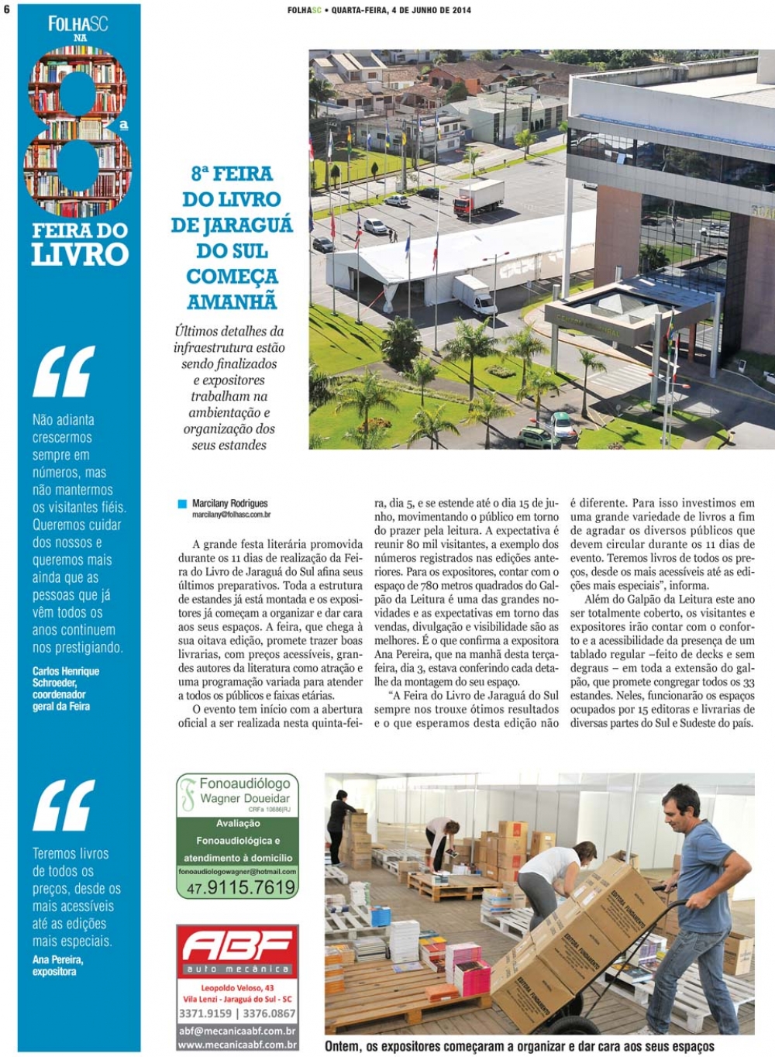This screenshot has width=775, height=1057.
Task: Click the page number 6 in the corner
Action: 6,10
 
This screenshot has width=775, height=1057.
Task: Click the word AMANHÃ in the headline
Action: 232,301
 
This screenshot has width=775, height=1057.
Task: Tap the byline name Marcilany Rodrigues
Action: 230,504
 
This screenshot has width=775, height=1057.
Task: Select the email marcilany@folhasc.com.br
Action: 231,514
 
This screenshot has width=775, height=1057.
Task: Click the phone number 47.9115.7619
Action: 241,888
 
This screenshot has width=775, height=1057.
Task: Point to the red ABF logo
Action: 237,948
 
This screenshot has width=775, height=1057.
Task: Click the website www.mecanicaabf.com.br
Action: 237,1045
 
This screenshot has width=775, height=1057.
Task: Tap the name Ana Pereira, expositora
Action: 57,965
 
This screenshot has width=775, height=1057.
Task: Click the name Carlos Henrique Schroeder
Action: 65,677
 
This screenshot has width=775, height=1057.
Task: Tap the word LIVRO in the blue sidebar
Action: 79,254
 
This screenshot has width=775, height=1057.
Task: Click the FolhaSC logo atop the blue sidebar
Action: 77,24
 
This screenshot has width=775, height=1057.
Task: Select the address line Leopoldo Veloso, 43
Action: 237,988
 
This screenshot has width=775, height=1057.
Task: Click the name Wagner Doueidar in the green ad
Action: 245,798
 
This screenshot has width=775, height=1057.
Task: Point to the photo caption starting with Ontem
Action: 519,1046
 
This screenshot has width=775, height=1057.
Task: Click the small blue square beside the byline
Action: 183,504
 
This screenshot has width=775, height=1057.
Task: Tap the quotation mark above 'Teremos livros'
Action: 64,805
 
